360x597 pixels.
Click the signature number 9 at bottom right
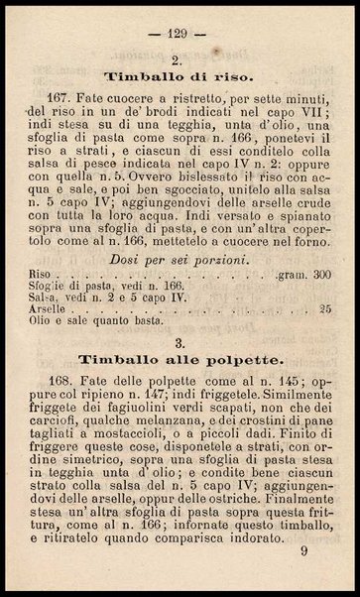coord(315,575)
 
